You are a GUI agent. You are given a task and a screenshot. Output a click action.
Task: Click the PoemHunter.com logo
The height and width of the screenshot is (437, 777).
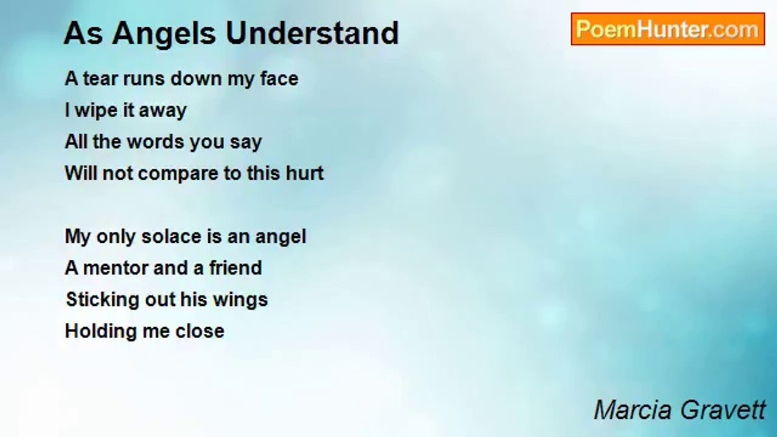[668, 29]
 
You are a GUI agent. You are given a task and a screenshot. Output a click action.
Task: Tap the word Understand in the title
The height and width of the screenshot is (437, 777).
[312, 33]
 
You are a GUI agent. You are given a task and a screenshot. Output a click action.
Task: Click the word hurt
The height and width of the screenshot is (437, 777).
[305, 173]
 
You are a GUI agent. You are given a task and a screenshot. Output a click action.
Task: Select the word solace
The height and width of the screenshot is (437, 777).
[171, 237]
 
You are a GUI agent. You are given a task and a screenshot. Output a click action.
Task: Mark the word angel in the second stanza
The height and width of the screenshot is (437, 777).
[280, 237]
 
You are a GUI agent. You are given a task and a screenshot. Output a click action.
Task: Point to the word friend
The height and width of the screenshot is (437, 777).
[236, 268]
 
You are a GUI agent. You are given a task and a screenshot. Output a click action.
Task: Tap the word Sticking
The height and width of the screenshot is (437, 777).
[103, 300]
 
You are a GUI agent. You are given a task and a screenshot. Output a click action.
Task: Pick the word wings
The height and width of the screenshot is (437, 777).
[240, 300]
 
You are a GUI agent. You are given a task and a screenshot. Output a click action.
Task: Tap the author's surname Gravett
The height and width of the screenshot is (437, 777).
[722, 410]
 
